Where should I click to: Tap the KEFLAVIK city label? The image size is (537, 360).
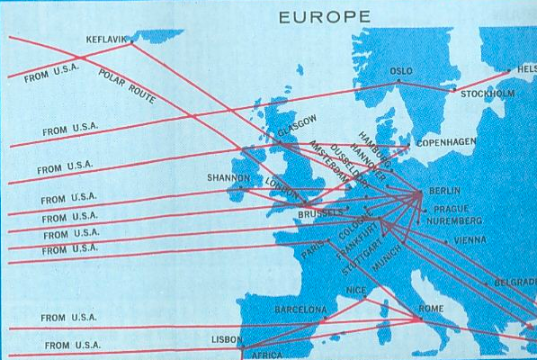point(108,40)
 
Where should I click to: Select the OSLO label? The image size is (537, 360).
point(401,71)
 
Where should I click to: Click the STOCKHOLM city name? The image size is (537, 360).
point(488,94)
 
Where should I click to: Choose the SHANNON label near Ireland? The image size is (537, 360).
point(228,178)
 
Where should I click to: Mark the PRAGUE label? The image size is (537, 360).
point(452,208)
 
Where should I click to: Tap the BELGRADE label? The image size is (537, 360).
point(515,283)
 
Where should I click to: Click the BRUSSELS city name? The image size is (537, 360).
point(320,214)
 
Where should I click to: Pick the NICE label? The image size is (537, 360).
point(357,291)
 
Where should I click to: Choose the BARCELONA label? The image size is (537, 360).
point(300,310)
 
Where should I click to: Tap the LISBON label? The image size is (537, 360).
point(227,339)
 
